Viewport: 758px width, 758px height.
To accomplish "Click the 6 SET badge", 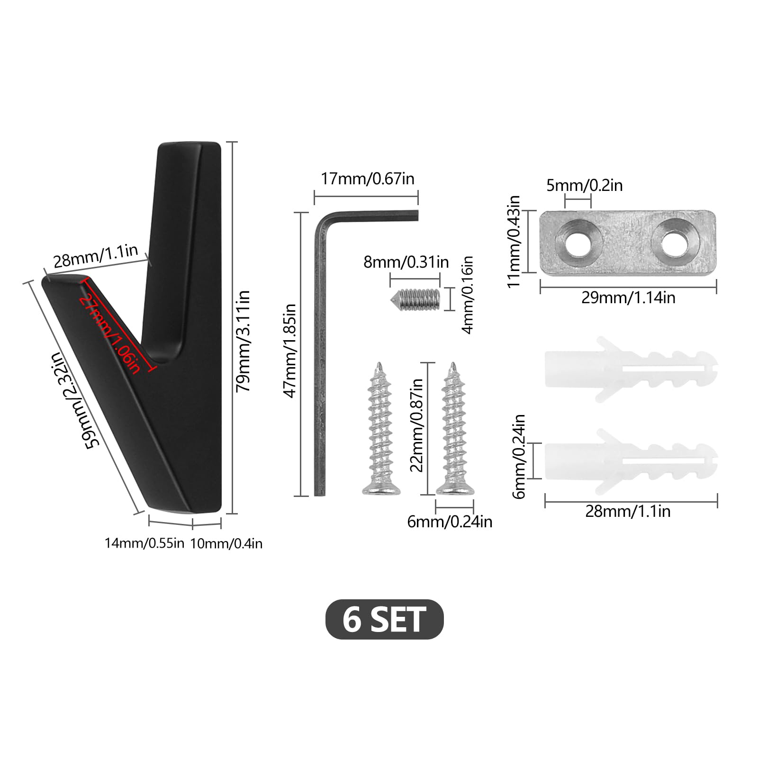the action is coord(384,619).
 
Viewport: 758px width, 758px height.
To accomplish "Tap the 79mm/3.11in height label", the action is coord(243,341).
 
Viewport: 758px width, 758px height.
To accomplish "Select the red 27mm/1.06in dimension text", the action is coord(110,334).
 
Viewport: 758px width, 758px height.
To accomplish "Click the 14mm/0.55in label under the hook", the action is coord(144,543).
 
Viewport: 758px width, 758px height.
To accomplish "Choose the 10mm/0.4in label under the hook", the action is coord(226,543).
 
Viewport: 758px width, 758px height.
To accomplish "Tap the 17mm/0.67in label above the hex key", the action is coord(368,179).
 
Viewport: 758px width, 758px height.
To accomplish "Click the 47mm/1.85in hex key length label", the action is coord(289,351).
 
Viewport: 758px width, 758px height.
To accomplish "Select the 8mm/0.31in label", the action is coord(406,262).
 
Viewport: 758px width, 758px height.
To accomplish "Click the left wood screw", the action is coord(380,429).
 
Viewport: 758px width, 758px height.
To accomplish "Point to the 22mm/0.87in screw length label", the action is coord(416,425).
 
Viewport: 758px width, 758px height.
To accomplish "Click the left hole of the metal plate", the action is coord(578,243).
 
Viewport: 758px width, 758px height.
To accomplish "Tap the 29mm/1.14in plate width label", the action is coord(628,298).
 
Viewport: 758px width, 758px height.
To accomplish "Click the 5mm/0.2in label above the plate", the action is coord(585,185).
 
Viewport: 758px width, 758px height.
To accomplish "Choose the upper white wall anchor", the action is coord(631,369).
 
